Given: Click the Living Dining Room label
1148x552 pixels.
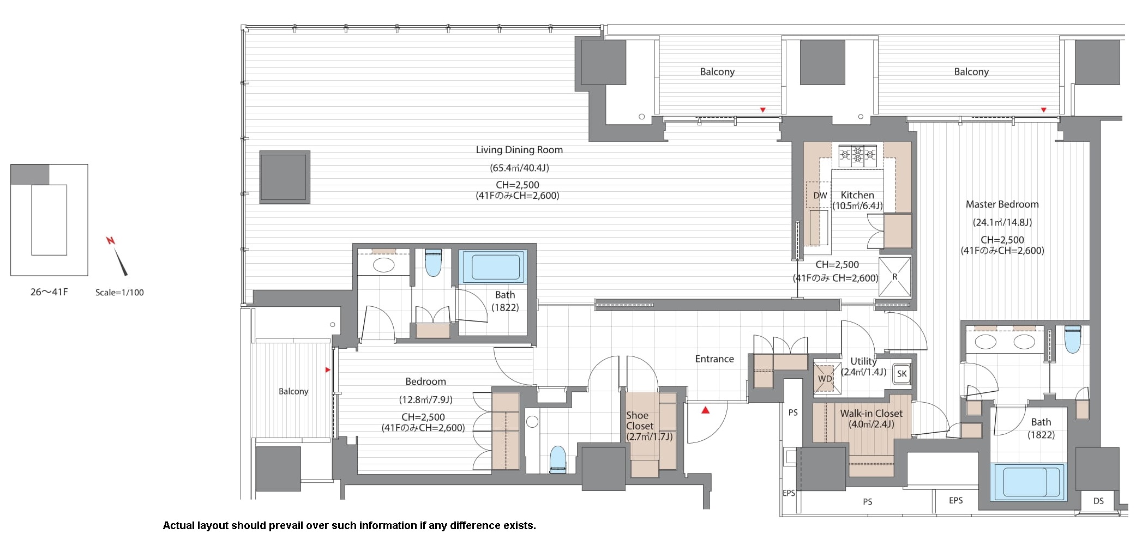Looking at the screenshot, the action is coord(519,150).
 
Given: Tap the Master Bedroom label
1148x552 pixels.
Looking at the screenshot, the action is coord(1002,204).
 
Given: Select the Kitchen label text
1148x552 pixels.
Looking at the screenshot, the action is coord(857,195).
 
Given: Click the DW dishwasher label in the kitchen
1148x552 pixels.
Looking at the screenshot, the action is coord(820,196).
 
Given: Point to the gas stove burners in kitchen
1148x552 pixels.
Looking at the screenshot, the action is coord(857,155).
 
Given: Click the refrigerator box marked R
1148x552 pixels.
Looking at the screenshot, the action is coord(894,277).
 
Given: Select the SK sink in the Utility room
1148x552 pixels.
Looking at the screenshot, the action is coord(902,373).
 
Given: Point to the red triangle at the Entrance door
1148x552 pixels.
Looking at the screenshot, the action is coord(706,410).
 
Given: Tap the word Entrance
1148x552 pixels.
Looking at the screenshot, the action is coord(714,359).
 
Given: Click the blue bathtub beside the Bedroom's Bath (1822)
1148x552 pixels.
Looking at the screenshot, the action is coord(493,266).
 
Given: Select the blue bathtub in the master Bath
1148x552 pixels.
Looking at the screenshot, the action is coord(1028,482).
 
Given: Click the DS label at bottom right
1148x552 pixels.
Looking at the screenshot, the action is coord(1098,501).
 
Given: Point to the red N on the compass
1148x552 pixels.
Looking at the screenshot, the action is coord(111,240).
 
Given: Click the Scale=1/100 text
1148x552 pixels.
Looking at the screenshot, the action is coord(119,293).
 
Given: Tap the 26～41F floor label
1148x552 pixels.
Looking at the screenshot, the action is coord(49,292).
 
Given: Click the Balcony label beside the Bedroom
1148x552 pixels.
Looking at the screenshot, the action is coord(293,391).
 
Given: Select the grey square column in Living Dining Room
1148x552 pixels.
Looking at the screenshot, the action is coord(285,177).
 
